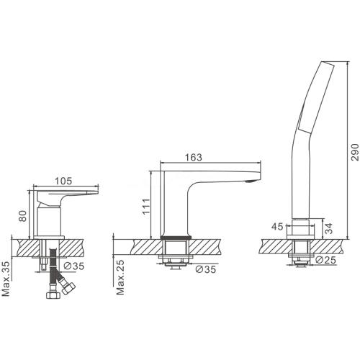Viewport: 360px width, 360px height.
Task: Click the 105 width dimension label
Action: [63, 181]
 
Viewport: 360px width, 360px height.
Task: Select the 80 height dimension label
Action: [22, 216]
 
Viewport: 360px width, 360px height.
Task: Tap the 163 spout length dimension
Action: [194, 157]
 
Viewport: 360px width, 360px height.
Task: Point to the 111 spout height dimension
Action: [146, 207]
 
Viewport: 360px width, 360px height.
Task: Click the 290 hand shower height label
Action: [355, 153]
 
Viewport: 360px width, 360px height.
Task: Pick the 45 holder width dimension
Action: [277, 227]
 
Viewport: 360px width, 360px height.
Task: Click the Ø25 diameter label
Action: [325, 260]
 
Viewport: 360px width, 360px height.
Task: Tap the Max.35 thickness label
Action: [6, 279]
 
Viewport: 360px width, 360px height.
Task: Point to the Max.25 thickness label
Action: [120, 277]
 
